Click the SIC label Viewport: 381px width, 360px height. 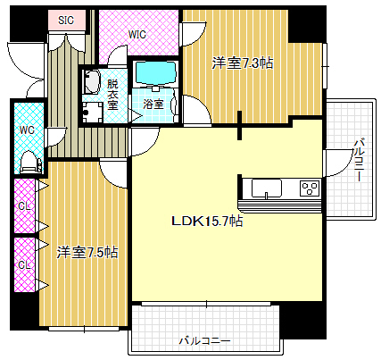[66, 21]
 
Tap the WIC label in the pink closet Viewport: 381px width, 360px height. [137, 35]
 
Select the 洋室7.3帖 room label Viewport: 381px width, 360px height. [243, 63]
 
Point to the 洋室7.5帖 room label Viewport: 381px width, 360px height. [87, 253]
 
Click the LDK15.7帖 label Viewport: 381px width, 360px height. [207, 221]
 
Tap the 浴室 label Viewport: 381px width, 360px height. [153, 104]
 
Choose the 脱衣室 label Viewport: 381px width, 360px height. [112, 95]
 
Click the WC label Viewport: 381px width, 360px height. [27, 130]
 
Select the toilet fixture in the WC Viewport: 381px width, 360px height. [30, 163]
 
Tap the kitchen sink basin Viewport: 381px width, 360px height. [267, 188]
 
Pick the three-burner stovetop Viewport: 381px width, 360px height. [310, 188]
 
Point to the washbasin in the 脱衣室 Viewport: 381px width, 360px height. [91, 82]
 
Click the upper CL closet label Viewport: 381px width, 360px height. [25, 205]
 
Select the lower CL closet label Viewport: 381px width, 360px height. [25, 264]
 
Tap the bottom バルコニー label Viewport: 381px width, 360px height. [205, 340]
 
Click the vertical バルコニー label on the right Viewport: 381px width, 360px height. [359, 159]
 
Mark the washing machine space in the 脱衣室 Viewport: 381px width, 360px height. [93, 113]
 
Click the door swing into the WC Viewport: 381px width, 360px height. [56, 137]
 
